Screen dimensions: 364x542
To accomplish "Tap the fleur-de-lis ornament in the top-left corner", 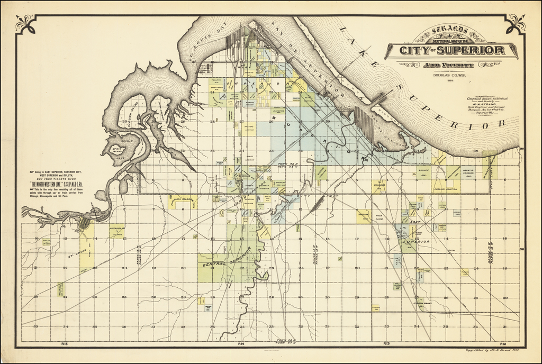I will [x=25, y=23].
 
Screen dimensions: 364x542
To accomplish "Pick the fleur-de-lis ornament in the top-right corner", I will [x=516, y=23].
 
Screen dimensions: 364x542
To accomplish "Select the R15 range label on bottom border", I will [x=65, y=344].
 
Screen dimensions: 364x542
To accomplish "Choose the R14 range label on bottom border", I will [x=241, y=344].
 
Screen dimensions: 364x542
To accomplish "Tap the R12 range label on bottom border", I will [x=503, y=344].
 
